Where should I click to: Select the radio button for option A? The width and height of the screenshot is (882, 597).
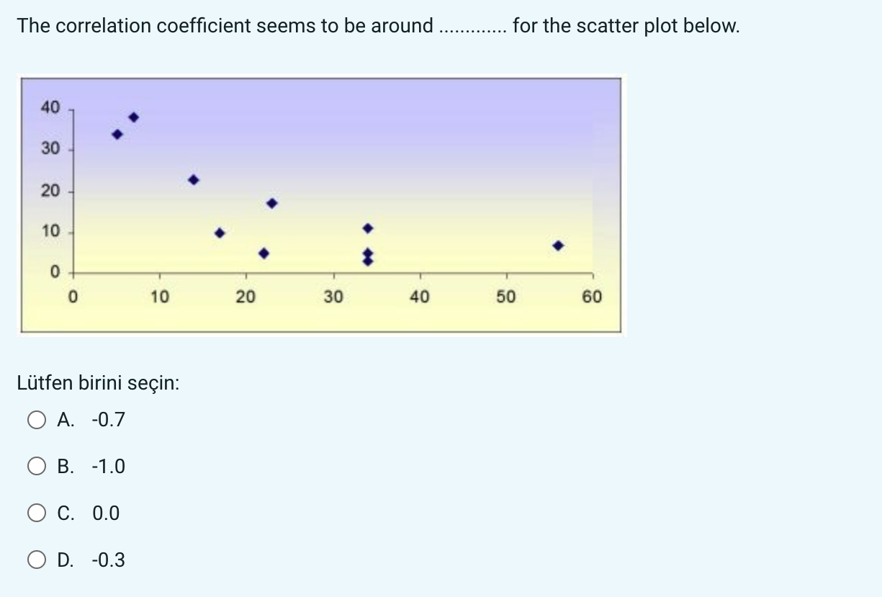tap(37, 420)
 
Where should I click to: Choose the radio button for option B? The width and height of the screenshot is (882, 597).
tap(37, 467)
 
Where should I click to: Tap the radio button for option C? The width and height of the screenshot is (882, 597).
tap(37, 513)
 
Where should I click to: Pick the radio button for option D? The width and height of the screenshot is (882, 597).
tap(37, 560)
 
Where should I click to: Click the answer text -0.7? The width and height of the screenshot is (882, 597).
tap(108, 420)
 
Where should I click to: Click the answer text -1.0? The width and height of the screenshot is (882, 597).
tap(108, 467)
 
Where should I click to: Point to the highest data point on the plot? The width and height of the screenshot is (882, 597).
tap(133, 117)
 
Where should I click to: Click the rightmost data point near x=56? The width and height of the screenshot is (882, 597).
tap(558, 246)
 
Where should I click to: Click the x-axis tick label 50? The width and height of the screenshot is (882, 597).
tap(505, 297)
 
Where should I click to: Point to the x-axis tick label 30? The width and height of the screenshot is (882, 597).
tap(333, 297)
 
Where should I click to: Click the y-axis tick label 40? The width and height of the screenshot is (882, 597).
tap(50, 108)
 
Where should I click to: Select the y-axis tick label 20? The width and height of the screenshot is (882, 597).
tap(50, 192)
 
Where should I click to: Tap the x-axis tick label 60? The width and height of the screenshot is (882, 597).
tap(592, 297)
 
